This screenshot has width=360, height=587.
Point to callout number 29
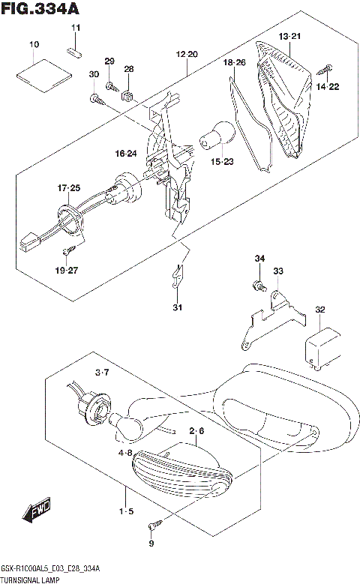click(x=109, y=61)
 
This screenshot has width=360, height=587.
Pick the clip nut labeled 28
click(x=127, y=95)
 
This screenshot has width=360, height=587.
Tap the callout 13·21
click(x=289, y=36)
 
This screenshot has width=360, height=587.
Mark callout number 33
click(x=278, y=271)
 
